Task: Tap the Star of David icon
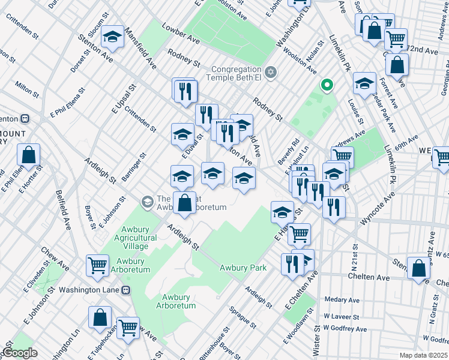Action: (x=271, y=73)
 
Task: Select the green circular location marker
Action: (x=327, y=86)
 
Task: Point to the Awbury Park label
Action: (x=243, y=268)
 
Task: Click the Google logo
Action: (x=20, y=353)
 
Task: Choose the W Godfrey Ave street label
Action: (x=345, y=328)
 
